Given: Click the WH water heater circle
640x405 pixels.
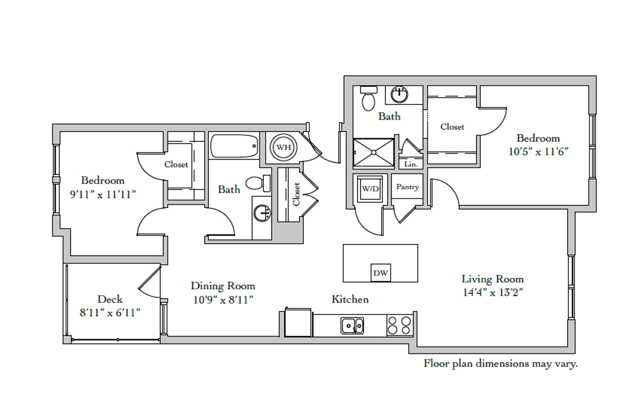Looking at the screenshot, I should (283, 147).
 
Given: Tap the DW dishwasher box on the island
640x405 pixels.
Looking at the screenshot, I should (380, 273).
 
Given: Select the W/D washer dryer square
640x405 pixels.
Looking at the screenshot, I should (370, 189).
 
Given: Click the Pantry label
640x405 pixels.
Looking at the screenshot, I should (407, 187).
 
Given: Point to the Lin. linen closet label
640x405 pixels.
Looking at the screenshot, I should (411, 164).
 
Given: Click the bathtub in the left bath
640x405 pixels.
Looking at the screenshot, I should (234, 146).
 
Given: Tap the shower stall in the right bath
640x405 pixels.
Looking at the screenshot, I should (374, 153).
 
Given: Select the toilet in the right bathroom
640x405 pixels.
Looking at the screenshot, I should (368, 98).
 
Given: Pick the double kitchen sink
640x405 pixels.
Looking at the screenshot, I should (352, 325).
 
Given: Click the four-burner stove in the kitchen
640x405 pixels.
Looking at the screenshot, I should (399, 325).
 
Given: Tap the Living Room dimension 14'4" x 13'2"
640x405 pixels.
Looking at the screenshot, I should (493, 292).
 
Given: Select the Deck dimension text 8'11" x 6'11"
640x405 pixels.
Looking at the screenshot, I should (110, 312).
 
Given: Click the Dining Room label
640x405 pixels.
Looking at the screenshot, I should (223, 286).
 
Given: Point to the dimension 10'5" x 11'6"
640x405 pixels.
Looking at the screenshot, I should (538, 151).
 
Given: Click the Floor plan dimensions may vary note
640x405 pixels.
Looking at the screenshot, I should (500, 363).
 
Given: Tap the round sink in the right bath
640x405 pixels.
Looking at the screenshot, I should (400, 94).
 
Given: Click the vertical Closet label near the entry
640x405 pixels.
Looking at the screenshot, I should (296, 194).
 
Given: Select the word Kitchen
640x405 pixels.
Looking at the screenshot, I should (350, 299).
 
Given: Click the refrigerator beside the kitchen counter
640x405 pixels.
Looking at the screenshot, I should (298, 322).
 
